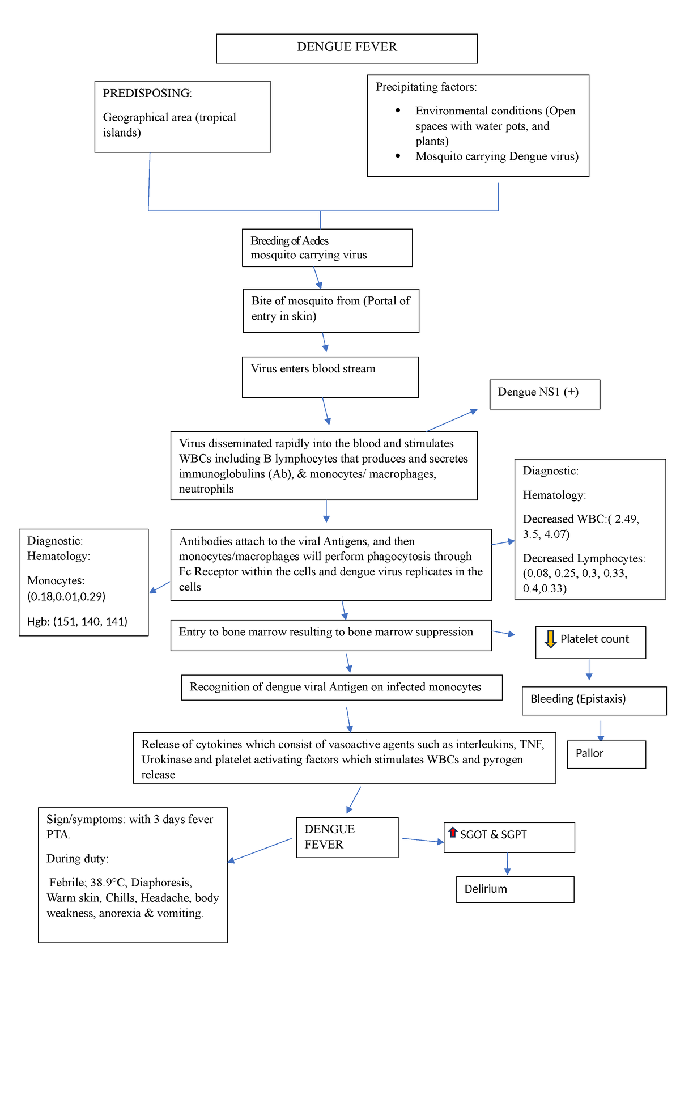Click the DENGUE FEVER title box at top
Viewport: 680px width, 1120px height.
347,48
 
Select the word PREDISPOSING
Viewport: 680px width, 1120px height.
146,93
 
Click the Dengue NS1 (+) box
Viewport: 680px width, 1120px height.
544,394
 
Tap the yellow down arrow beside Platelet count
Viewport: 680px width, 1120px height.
550,639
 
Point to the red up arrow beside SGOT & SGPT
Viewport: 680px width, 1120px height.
452,832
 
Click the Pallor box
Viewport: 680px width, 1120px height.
606,754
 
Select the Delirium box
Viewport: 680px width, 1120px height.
515,889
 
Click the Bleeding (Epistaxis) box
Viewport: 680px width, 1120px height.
593,700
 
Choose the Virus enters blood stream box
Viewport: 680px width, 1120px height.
330,376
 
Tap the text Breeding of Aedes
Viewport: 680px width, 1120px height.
290,241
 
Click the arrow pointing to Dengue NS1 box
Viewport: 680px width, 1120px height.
452,420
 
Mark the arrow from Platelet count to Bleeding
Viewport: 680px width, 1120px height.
589,669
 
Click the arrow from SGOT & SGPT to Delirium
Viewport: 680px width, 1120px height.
507,864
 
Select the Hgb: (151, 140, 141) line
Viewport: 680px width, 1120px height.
77,621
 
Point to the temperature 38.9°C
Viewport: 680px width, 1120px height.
108,883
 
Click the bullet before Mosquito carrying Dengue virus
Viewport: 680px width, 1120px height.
398,156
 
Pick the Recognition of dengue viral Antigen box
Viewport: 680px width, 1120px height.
341,687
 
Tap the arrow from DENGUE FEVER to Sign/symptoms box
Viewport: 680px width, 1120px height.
260,850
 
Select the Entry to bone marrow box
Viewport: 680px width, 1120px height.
330,634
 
